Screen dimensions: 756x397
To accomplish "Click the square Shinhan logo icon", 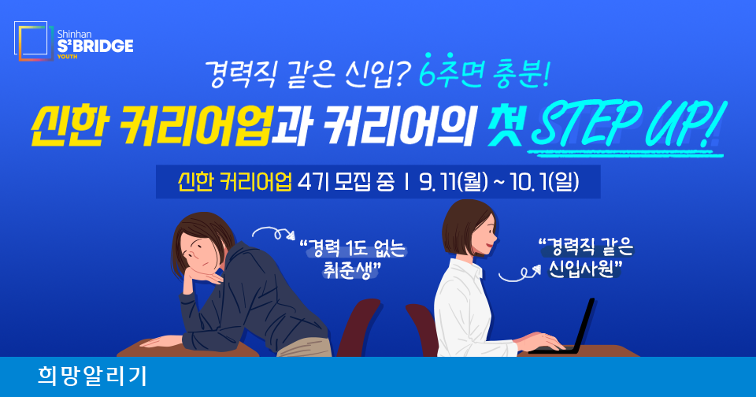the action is pyautogui.click(x=34, y=41).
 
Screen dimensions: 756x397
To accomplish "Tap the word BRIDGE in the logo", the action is pyautogui.click(x=102, y=46).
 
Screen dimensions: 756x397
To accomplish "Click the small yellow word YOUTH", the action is pyautogui.click(x=67, y=57).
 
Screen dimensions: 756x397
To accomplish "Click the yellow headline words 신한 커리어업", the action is pyautogui.click(x=150, y=126).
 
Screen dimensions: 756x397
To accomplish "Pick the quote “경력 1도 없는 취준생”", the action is pyautogui.click(x=353, y=260).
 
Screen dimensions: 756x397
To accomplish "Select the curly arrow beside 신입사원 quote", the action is pyautogui.click(x=519, y=273).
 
